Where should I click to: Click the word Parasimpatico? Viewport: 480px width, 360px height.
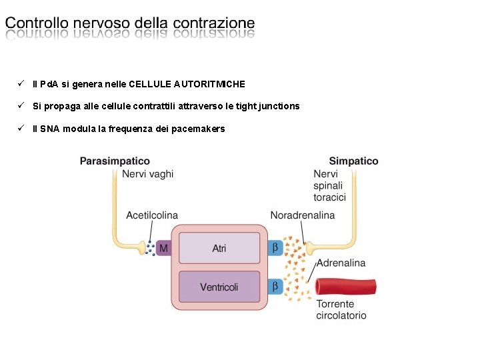pyautogui.click(x=115, y=161)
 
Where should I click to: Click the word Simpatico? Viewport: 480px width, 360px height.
pyautogui.click(x=353, y=161)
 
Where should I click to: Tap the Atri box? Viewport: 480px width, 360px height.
pyautogui.click(x=219, y=248)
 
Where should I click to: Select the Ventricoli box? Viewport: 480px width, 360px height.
pyautogui.click(x=219, y=287)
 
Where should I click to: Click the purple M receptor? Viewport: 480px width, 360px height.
pyautogui.click(x=163, y=248)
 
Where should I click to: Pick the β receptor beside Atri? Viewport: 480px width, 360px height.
pyautogui.click(x=275, y=248)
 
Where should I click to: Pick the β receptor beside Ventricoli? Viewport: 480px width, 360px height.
pyautogui.click(x=275, y=287)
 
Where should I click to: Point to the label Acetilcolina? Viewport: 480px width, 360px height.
pyautogui.click(x=152, y=215)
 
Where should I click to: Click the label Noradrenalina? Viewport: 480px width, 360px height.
pyautogui.click(x=303, y=215)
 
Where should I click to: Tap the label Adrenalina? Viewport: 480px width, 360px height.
pyautogui.click(x=341, y=263)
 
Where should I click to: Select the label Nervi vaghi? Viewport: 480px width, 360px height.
pyautogui.click(x=147, y=174)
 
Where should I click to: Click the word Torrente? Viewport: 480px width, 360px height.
pyautogui.click(x=335, y=304)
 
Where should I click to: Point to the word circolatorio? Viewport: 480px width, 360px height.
pyautogui.click(x=341, y=315)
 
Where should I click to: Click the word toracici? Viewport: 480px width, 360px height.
pyautogui.click(x=330, y=197)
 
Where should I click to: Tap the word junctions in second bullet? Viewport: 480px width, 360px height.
pyautogui.click(x=279, y=107)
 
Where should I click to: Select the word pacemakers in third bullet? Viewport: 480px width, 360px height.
pyautogui.click(x=198, y=129)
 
